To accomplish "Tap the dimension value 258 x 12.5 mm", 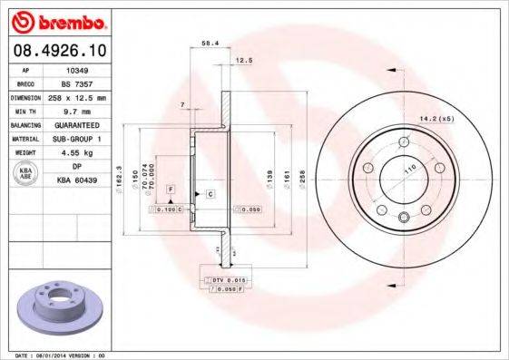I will click(x=77, y=96).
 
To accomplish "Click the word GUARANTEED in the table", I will click(x=77, y=123).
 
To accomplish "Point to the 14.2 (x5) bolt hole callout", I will click(x=435, y=117).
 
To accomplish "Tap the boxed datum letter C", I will click(x=209, y=194).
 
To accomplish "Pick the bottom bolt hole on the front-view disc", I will click(x=403, y=216).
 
